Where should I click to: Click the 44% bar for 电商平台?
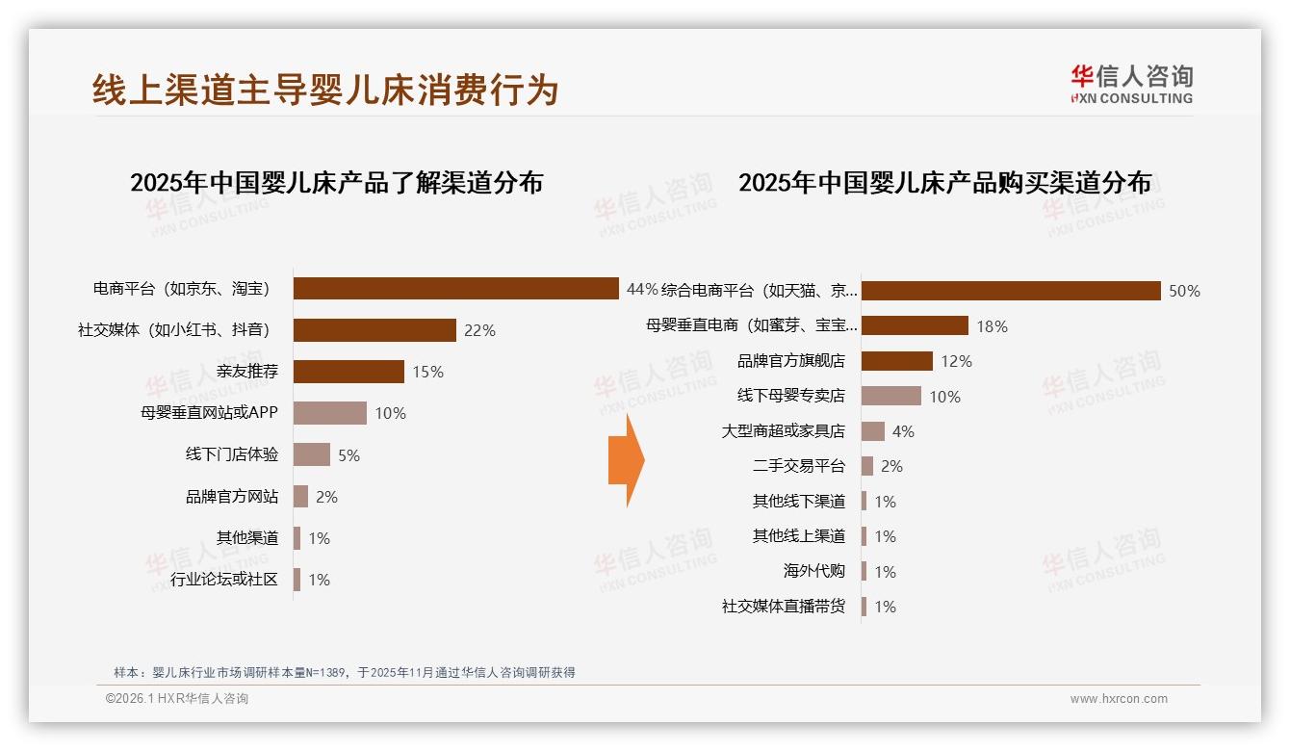coord(455,289)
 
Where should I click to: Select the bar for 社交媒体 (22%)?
coord(374,330)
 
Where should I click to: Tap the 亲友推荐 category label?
coord(247,372)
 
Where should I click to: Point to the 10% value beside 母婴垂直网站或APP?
coord(390,413)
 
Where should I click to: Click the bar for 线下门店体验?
coord(312,454)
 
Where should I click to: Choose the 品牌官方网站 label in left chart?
coord(232,497)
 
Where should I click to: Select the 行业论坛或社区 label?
coord(224,580)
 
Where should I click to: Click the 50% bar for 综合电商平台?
coord(1011,291)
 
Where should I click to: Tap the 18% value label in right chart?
coord(992,326)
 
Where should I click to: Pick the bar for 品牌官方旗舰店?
coord(896,361)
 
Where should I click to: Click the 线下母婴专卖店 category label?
coord(790,396)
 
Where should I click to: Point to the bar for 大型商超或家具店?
coord(873,431)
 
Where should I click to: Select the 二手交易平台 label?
coord(798,466)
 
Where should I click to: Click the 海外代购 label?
coord(813,571)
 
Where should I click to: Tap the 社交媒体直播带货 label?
coord(783,607)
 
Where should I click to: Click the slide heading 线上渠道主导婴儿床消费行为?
coord(325,90)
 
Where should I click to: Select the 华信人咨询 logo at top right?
coord(1131,84)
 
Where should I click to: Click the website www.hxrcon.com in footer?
coord(1118,699)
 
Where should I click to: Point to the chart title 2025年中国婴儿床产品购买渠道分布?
coord(944,182)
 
